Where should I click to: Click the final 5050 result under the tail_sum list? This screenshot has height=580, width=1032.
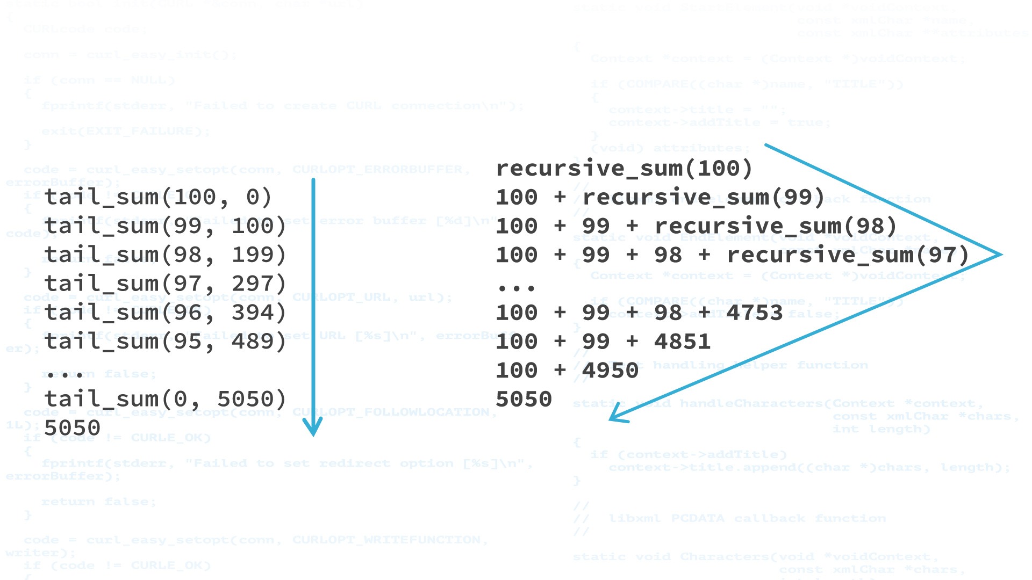point(72,428)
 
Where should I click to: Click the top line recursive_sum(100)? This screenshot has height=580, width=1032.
point(623,169)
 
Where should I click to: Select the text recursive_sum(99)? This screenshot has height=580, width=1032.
point(703,197)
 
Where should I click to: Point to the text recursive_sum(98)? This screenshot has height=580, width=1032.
point(776,226)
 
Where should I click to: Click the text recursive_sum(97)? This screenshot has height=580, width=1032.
point(848,255)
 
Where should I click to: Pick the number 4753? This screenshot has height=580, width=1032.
point(754,313)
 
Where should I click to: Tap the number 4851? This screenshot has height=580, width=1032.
point(682,342)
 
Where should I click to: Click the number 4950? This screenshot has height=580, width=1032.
point(610,371)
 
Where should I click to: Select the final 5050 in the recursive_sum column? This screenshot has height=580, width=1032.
point(524,400)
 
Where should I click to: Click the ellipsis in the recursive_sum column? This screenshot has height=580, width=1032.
point(516,288)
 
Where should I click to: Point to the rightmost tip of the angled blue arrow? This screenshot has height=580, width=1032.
point(1001,255)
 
